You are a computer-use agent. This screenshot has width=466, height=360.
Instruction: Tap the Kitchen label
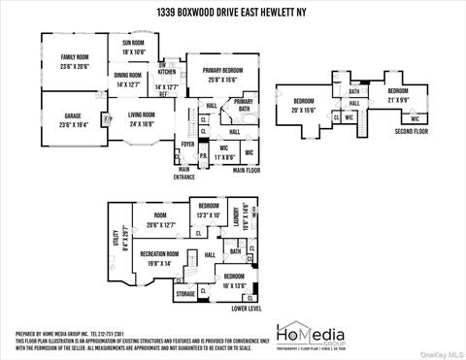(x=168, y=73)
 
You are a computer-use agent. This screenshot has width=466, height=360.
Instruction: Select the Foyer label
(x=186, y=144)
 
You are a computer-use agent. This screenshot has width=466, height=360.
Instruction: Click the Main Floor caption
(x=247, y=170)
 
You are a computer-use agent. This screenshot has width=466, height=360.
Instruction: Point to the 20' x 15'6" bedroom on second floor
(x=304, y=106)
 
